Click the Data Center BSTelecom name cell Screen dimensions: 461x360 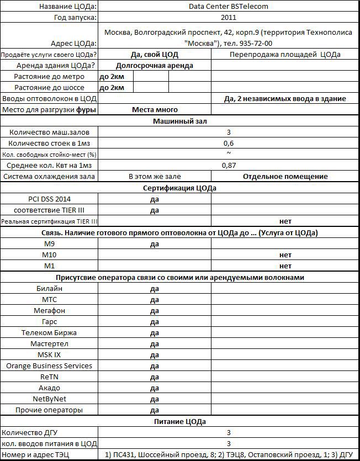click(228, 7)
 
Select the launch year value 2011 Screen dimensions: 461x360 click(228, 18)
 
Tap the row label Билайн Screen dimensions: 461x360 click(49, 288)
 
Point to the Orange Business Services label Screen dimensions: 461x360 click(49, 365)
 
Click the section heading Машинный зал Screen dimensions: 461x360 click(179, 121)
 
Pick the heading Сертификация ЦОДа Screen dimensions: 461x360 click(179, 188)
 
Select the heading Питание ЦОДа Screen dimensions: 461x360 click(179, 421)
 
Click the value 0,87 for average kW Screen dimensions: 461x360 click(229, 165)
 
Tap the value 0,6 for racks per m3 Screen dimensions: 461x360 click(229, 143)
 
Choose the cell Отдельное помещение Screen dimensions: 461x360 click(285, 176)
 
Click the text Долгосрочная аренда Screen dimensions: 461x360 click(155, 65)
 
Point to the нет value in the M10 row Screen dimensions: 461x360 click(285, 255)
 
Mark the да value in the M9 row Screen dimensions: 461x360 click(155, 243)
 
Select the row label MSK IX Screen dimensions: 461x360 click(49, 354)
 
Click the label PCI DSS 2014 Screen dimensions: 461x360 click(49, 199)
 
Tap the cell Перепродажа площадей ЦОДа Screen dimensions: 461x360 click(285, 54)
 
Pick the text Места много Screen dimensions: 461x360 click(155, 109)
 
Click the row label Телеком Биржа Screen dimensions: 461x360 click(49, 332)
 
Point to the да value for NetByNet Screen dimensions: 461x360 click(155, 399)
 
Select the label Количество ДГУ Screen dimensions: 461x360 click(49, 432)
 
